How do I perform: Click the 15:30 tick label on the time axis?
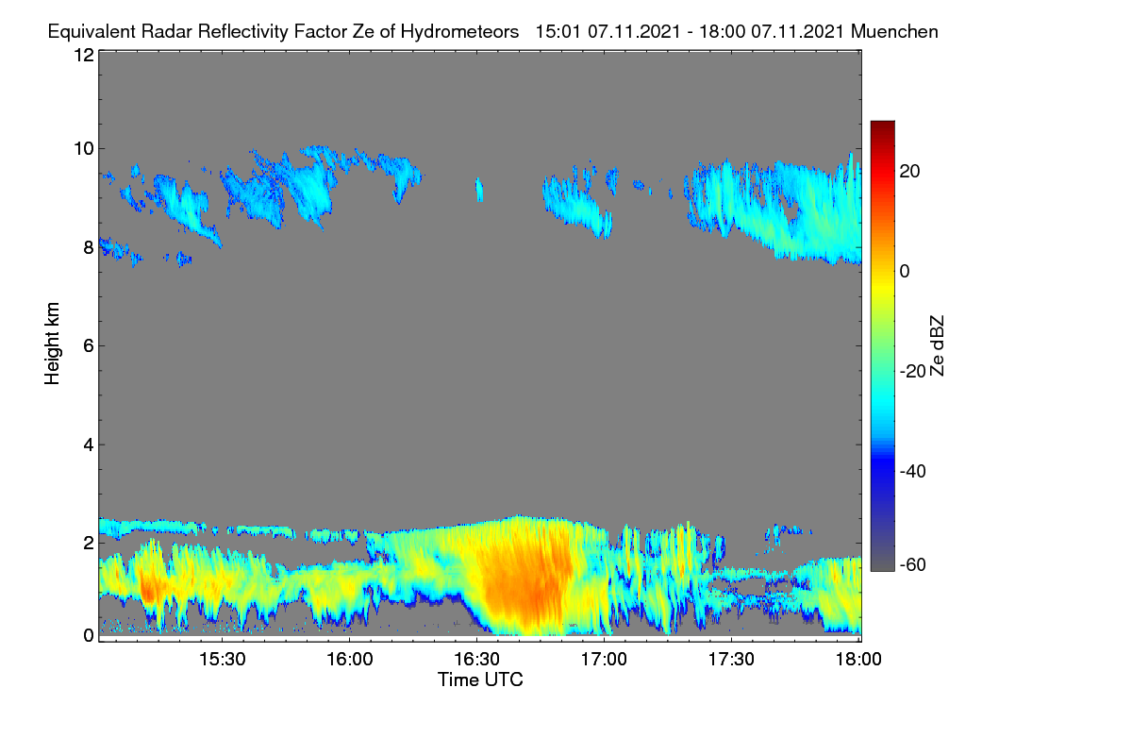tap(223, 659)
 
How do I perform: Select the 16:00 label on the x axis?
tap(350, 659)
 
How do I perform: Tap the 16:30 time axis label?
tap(477, 659)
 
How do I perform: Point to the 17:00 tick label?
tap(604, 659)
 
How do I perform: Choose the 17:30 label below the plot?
tap(731, 659)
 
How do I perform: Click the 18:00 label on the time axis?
tap(858, 659)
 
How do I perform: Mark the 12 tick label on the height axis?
tap(84, 55)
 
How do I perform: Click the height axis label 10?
tap(84, 149)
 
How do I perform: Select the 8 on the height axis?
tap(89, 247)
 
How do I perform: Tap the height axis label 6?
tap(89, 346)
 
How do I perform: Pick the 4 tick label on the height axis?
tap(89, 445)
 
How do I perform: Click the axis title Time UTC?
tap(480, 679)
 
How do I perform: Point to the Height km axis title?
tap(52, 344)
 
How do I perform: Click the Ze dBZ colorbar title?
tap(937, 346)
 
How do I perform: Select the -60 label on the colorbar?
tap(913, 565)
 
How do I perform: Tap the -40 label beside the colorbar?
tap(913, 471)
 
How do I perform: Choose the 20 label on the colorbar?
tap(909, 172)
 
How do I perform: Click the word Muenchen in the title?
tap(894, 31)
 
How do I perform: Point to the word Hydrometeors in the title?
tap(460, 31)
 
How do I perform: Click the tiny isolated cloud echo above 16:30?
tap(479, 190)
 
